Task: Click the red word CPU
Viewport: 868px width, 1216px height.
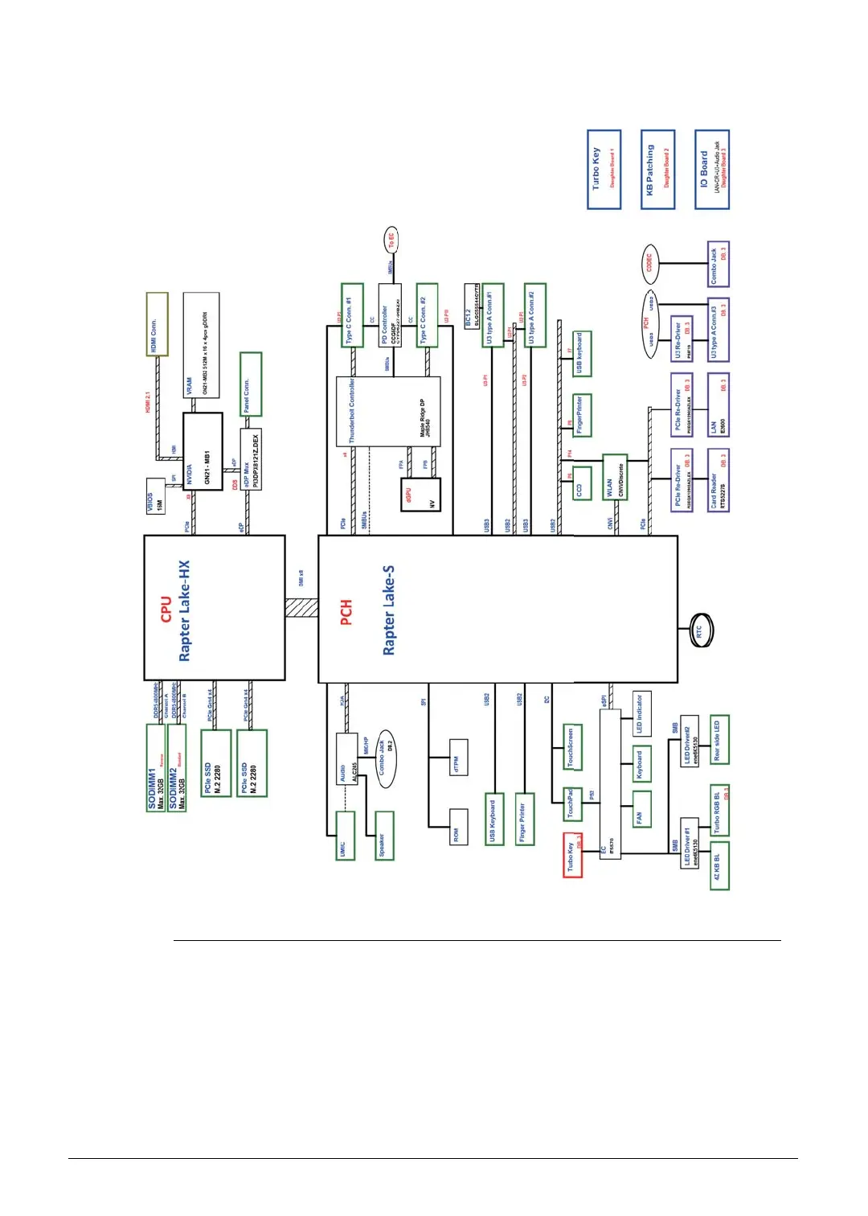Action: [166, 609]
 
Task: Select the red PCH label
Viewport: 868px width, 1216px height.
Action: [346, 612]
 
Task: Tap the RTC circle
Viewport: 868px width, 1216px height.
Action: [698, 631]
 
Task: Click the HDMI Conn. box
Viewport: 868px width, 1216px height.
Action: [157, 324]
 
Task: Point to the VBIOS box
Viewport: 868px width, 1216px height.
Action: [155, 495]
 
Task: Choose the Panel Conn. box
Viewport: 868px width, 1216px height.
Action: [250, 384]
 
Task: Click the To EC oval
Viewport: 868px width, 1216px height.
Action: [391, 239]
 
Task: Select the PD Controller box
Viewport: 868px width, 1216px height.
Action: [390, 315]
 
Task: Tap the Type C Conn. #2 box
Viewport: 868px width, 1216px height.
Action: [427, 315]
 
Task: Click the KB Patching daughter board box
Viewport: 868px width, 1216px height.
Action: [657, 170]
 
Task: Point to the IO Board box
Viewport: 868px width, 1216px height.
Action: [711, 170]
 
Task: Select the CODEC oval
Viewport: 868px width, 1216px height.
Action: [649, 263]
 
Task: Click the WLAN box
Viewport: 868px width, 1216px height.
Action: [614, 477]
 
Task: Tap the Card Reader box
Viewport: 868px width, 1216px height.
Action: [718, 481]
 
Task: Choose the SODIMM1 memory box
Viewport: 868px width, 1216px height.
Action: [156, 767]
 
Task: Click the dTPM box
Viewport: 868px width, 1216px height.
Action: [458, 757]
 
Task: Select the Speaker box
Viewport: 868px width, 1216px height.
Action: [383, 836]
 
